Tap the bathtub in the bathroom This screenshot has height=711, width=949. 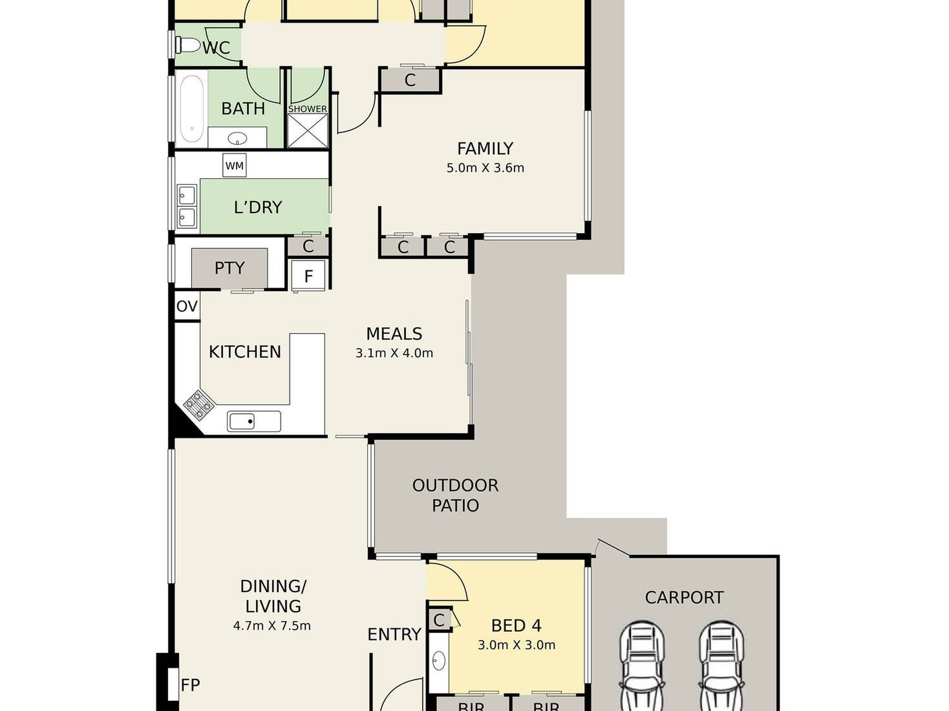click(191, 109)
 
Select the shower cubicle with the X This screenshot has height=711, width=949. click(308, 131)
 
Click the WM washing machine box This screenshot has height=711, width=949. click(234, 166)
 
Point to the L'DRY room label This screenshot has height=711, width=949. click(258, 207)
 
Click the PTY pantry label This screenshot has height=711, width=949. click(229, 268)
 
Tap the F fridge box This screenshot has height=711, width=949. click(308, 275)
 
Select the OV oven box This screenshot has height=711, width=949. click(187, 306)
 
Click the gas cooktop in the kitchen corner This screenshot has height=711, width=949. click(199, 404)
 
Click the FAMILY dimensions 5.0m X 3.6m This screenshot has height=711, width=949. click(485, 168)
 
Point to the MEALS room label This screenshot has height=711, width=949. click(394, 333)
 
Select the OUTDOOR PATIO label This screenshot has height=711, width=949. click(455, 495)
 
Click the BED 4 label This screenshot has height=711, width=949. click(516, 625)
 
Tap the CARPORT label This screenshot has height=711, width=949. click(684, 597)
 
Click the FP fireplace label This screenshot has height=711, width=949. click(190, 685)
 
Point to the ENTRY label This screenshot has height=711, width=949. click(394, 634)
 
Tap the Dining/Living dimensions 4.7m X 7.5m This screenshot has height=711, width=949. click(272, 625)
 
